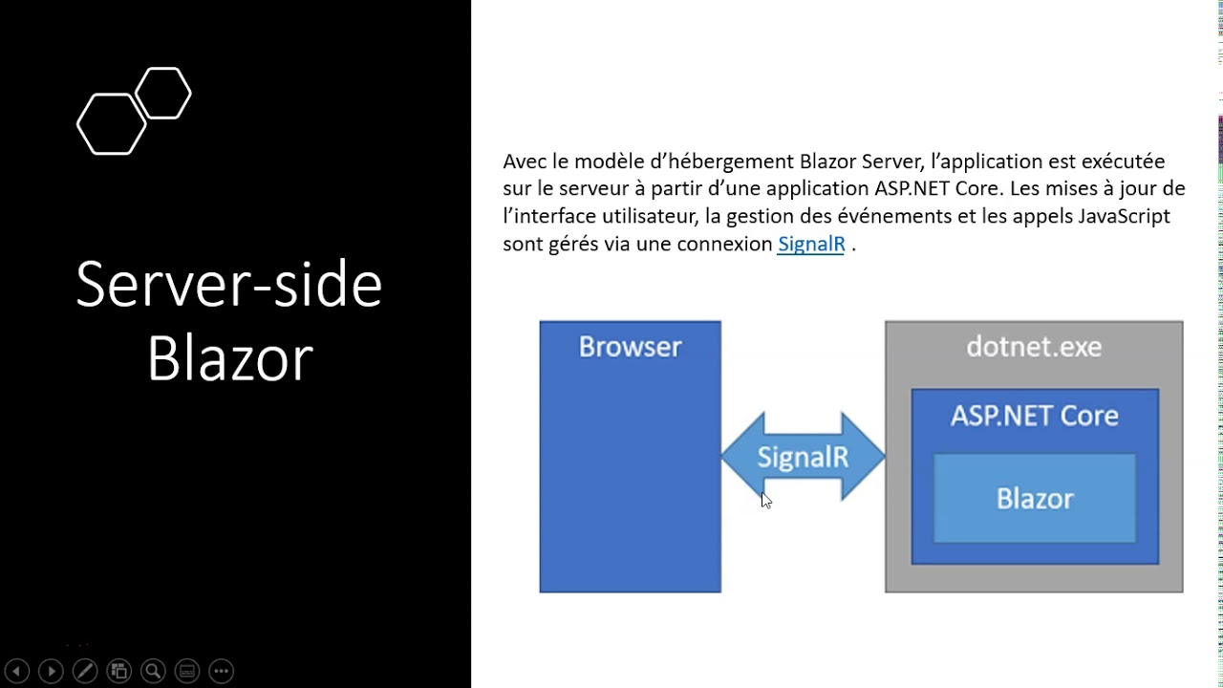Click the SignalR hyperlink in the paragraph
click(x=811, y=244)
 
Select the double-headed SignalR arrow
click(x=803, y=457)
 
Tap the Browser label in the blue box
click(x=630, y=347)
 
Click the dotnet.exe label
click(x=1034, y=347)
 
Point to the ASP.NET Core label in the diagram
click(x=1034, y=416)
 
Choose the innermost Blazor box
click(x=1035, y=499)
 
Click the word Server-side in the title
click(x=229, y=284)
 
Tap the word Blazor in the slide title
click(x=229, y=358)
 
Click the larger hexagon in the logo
click(x=111, y=124)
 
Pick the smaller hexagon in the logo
click(x=163, y=93)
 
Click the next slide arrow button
click(x=51, y=671)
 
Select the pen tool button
click(x=85, y=671)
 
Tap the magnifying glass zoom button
click(x=153, y=671)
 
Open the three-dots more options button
click(x=221, y=671)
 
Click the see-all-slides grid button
click(x=118, y=671)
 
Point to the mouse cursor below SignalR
click(x=765, y=500)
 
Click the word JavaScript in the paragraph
click(x=1124, y=216)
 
